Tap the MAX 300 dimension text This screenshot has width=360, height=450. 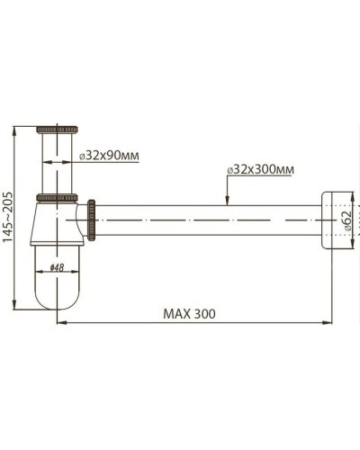(189, 314)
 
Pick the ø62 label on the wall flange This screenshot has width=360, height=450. (348, 218)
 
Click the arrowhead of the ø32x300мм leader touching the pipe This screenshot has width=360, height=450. (229, 203)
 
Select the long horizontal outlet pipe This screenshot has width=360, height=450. (207, 219)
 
